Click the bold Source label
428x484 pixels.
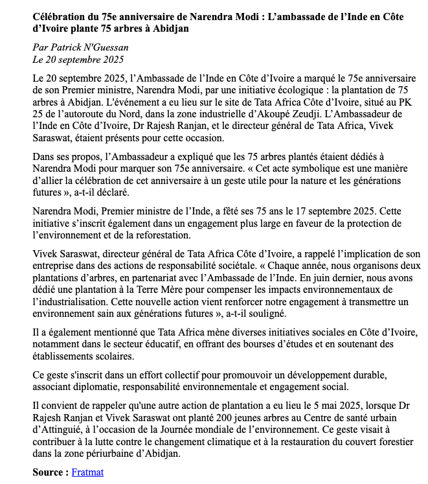pos(51,472)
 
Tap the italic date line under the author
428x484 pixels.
pos(78,60)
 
